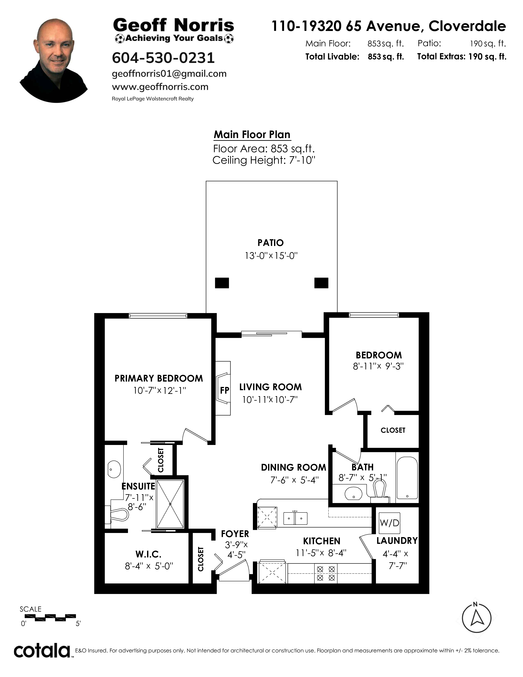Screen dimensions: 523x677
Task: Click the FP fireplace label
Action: coord(225,390)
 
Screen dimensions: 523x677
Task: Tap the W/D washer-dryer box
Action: coord(389,523)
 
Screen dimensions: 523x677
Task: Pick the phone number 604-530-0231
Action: coord(163,58)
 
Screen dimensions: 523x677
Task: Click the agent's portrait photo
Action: coord(54,61)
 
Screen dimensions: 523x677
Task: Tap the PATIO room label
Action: coord(271,243)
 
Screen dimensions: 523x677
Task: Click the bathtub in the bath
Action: coord(407,477)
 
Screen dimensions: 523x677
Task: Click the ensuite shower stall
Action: coord(170,504)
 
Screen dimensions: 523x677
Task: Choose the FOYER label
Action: coord(235,534)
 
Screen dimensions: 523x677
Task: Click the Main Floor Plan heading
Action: coord(252,135)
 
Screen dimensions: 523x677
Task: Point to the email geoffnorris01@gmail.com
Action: coord(169,74)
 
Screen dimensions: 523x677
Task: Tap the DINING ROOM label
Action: coord(293,468)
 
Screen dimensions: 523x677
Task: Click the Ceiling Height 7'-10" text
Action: coord(264,160)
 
